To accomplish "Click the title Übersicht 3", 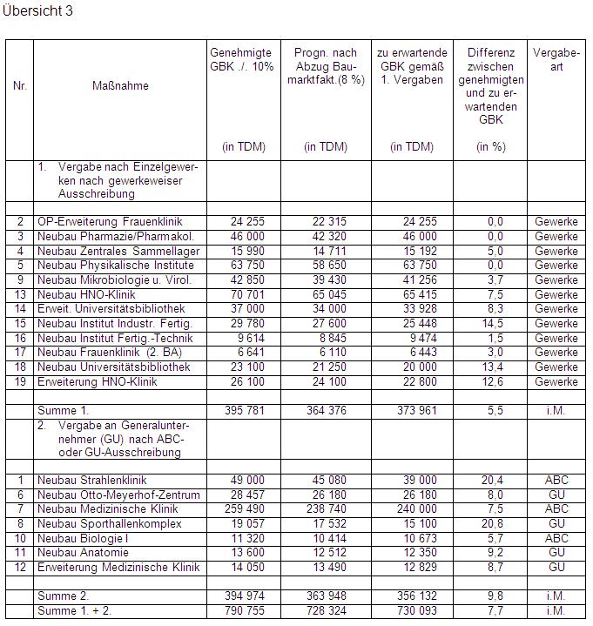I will (x=39, y=11).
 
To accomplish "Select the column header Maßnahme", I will (x=120, y=86).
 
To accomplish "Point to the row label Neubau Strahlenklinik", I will (x=92, y=480).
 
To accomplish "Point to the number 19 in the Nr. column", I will (x=20, y=381).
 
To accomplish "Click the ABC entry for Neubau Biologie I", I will (x=556, y=539).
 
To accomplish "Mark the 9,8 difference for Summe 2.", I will (x=495, y=597).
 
